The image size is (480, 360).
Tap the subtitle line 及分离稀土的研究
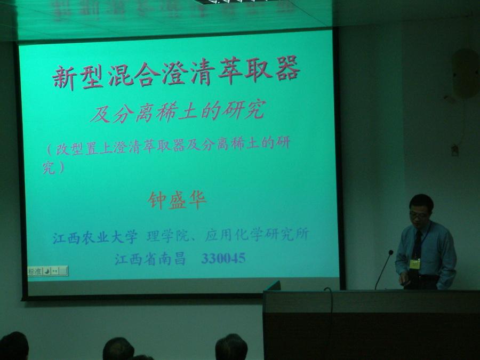tap(177, 113)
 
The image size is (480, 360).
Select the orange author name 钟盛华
tap(177, 200)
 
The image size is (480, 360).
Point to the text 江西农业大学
tap(95, 237)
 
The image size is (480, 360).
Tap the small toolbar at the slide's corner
tap(47, 271)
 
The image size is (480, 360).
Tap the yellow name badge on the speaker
tap(415, 263)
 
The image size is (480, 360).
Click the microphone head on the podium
tap(390, 253)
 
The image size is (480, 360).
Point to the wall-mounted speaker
tap(465, 74)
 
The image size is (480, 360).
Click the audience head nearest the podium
tap(231, 347)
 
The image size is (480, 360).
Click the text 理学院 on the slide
tap(161, 235)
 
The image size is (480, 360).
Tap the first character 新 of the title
tap(65, 77)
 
